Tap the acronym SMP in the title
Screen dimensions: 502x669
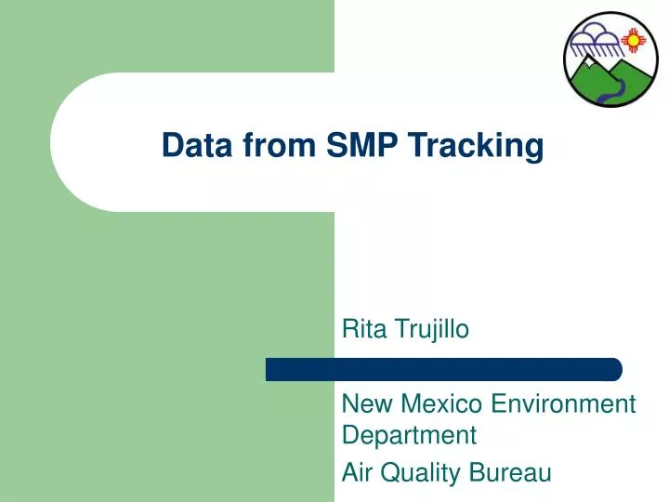click(351, 146)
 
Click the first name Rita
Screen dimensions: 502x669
click(361, 328)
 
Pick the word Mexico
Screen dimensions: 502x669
click(437, 403)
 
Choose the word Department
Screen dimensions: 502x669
click(409, 434)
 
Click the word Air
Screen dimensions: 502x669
click(357, 473)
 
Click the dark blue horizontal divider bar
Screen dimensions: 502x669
click(444, 369)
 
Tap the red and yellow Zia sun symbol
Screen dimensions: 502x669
click(635, 40)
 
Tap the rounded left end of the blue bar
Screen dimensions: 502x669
click(271, 369)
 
